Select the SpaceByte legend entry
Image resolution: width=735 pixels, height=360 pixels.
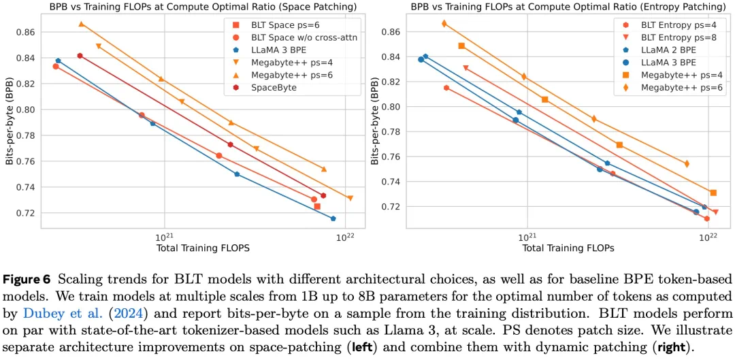(274, 87)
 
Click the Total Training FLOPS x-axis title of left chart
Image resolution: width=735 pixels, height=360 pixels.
(203, 248)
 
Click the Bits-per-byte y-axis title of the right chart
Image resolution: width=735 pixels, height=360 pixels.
(374, 120)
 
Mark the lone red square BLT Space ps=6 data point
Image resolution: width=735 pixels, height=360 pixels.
(317, 206)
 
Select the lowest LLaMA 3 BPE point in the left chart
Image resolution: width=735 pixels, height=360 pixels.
(333, 218)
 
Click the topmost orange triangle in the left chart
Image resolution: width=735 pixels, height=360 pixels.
(81, 24)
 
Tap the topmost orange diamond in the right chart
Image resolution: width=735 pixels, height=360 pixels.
(444, 23)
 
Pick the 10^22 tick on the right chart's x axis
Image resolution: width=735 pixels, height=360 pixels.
(708, 238)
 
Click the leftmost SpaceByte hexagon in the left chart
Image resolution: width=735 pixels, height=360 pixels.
(80, 56)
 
